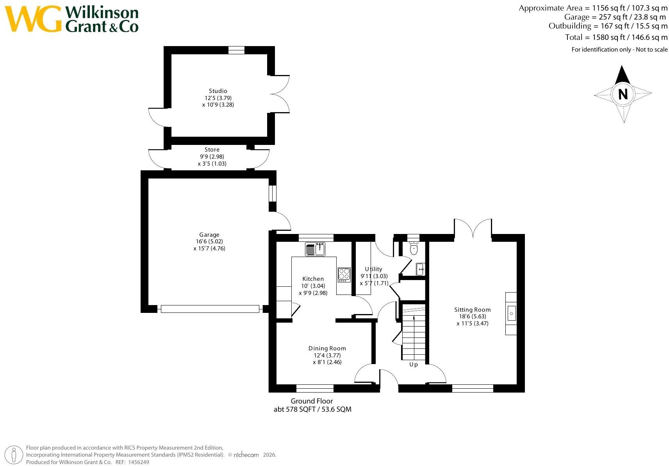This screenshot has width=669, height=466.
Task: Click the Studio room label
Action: tap(218, 91)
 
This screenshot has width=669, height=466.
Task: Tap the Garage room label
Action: tap(209, 235)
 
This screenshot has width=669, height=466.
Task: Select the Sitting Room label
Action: tap(473, 310)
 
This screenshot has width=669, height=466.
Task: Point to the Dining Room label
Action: tap(327, 348)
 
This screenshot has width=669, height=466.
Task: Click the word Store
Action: tap(212, 149)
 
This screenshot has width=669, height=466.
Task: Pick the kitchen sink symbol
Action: tap(315, 249)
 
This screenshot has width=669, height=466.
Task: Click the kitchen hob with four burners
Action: tap(344, 275)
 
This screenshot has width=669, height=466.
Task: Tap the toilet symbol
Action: tap(414, 248)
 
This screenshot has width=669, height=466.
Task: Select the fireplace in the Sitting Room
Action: tap(511, 313)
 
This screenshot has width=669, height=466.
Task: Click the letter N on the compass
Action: tap(623, 95)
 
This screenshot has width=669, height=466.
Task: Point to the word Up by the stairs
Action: tap(413, 364)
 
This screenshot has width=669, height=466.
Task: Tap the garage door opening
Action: tap(210, 309)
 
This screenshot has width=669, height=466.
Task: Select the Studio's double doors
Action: tap(280, 94)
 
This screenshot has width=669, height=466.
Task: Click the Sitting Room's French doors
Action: tap(473, 229)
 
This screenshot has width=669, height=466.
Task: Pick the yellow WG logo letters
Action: tap(34, 18)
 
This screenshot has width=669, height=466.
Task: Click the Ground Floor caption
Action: tap(312, 401)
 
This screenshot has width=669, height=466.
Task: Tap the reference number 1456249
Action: tap(139, 462)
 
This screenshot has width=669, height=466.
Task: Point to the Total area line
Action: tap(616, 37)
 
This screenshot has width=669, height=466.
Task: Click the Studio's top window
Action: tap(236, 50)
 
